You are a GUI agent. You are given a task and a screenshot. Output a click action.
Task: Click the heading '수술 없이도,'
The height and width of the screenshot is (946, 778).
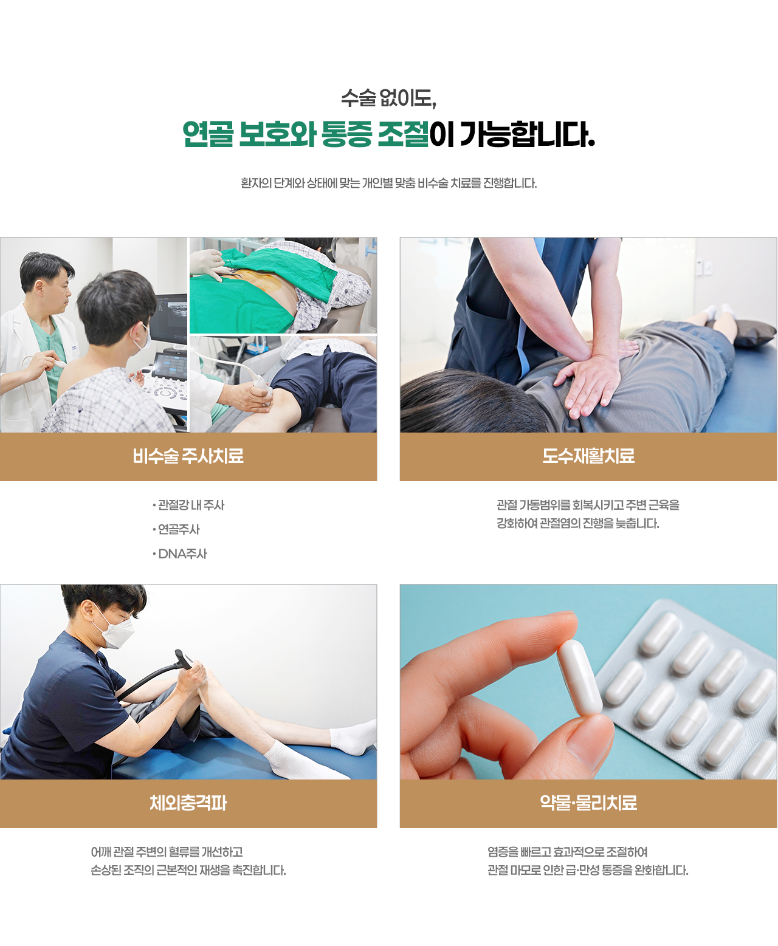tap(388, 98)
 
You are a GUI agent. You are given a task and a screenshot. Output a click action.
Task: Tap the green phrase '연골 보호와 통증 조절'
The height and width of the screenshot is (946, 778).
tap(306, 134)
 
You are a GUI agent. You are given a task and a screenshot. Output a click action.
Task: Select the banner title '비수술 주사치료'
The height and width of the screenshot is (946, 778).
tap(188, 456)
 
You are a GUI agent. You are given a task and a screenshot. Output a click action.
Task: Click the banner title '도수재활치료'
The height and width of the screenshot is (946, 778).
tap(588, 456)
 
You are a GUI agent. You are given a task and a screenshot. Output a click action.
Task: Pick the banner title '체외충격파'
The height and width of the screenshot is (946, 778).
tap(188, 803)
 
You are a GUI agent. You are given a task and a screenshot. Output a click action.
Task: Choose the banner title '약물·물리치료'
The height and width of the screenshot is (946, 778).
tap(588, 803)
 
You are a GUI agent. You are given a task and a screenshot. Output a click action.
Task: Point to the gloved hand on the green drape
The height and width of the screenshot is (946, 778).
tap(208, 263)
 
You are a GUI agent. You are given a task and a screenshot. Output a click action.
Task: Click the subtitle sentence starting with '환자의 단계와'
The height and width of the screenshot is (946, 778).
tap(388, 183)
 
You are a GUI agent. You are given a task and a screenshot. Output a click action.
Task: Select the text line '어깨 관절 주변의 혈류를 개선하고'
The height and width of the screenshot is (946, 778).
tap(167, 852)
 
